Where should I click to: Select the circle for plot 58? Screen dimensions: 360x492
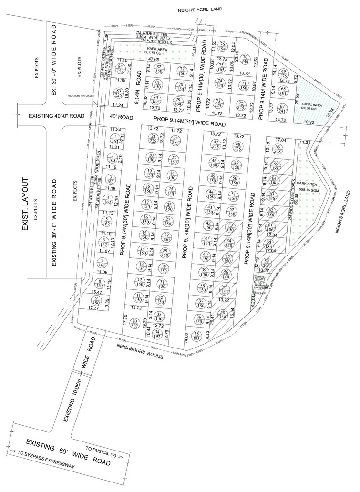tap(222, 314)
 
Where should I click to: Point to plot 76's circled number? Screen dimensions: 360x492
tap(222, 47)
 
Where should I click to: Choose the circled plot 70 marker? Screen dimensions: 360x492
tap(246, 59)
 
